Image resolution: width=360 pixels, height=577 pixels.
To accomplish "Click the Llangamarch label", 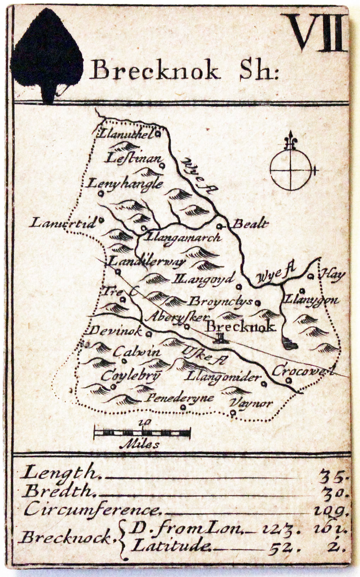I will pos(183,237).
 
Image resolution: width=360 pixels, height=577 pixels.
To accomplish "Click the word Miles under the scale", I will pos(140,445).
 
